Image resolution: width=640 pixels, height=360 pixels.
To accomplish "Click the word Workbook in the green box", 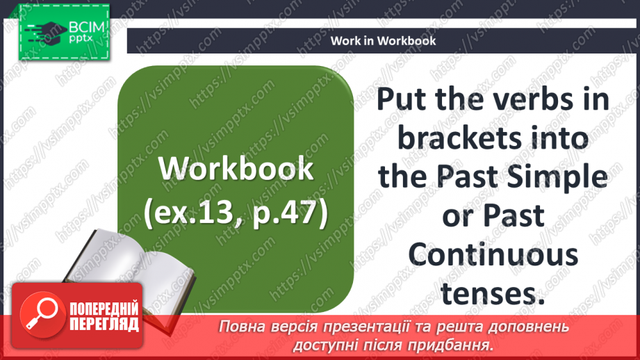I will [235, 169].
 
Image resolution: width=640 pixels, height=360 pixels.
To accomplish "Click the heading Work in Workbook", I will [383, 40].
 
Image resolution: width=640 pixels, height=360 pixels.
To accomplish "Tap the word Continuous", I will [493, 255].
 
